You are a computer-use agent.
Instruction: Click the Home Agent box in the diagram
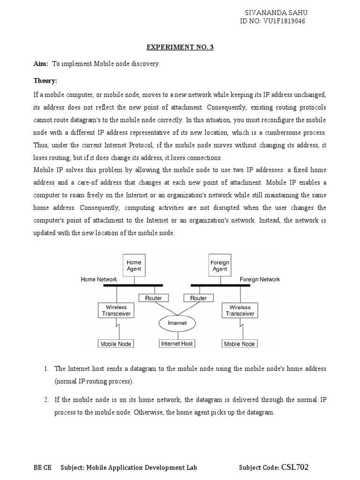tap(134, 266)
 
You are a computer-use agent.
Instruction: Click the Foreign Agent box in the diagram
tap(219, 266)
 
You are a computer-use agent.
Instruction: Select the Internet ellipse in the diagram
tap(177, 323)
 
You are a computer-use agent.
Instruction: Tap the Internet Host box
tap(177, 344)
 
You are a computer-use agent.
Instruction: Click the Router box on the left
tap(153, 298)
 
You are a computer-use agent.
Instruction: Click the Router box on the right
tap(198, 298)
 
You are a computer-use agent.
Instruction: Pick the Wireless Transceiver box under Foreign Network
tap(240, 311)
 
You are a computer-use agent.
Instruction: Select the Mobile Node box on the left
tap(116, 344)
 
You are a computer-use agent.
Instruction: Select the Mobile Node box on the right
tap(240, 344)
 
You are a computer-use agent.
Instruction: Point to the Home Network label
tap(99, 279)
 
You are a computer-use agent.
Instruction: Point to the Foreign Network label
tap(260, 279)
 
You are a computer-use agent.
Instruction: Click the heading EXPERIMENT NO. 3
tap(180, 47)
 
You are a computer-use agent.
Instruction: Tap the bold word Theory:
tap(45, 81)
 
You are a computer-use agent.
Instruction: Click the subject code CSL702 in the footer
tap(295, 467)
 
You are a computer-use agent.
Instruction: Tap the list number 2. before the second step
tap(46, 400)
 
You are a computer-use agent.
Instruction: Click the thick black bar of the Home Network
tap(133, 285)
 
